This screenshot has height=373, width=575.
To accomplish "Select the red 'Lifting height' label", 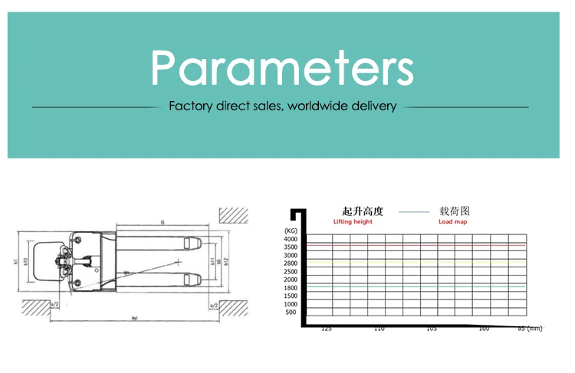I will point(353,222).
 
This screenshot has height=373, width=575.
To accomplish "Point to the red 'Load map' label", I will point(453,222).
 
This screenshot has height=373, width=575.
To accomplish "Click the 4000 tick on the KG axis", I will point(290,239).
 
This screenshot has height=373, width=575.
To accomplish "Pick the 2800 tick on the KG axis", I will point(290,263).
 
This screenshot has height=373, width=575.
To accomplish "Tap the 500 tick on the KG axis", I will point(291,312).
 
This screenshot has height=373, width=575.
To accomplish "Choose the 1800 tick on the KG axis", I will point(290,288).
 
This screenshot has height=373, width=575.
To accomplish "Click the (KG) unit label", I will point(290,231).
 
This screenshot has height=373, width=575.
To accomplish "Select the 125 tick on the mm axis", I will point(326,329).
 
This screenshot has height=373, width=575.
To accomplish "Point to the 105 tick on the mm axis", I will point(431,329).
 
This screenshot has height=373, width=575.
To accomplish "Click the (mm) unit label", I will point(534,329).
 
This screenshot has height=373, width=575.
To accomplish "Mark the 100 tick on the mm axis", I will point(483,329).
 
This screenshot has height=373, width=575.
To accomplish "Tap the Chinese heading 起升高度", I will point(362,211).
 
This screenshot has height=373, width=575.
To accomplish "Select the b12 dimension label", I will point(227,265).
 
